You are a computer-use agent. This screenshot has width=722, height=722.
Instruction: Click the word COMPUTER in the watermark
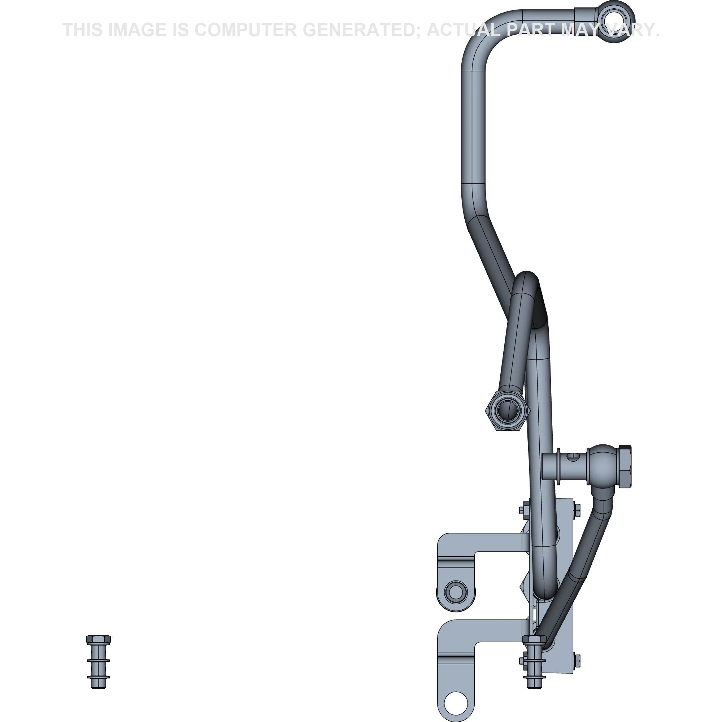click(x=245, y=30)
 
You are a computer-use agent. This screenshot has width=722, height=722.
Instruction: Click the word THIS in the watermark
click(x=83, y=30)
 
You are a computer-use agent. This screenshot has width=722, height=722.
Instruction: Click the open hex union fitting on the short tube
click(x=507, y=411)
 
